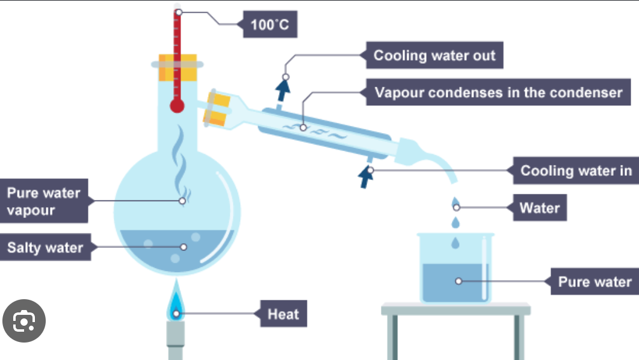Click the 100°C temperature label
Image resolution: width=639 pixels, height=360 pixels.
[270, 25]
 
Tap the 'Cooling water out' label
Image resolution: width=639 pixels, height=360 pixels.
[434, 55]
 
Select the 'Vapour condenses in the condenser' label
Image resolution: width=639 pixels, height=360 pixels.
[498, 92]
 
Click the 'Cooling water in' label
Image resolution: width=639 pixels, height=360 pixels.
[576, 170]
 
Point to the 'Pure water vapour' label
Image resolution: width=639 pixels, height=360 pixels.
[44, 201]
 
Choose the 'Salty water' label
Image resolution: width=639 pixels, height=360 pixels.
[45, 247]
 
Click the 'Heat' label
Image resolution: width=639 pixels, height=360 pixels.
[283, 314]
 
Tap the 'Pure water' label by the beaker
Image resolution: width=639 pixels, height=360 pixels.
[594, 281]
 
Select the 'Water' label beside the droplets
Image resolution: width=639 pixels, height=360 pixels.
[540, 208]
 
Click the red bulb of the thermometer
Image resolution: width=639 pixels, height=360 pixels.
[177, 106]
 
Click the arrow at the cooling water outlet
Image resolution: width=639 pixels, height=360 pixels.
[282, 90]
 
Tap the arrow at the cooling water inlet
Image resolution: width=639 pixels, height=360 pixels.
[366, 178]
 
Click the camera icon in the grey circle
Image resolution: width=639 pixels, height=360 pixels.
[24, 321]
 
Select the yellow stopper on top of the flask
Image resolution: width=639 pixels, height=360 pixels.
[177, 67]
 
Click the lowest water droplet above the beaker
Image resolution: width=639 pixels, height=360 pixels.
[455, 243]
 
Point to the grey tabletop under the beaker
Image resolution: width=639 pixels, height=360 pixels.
[455, 309]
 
